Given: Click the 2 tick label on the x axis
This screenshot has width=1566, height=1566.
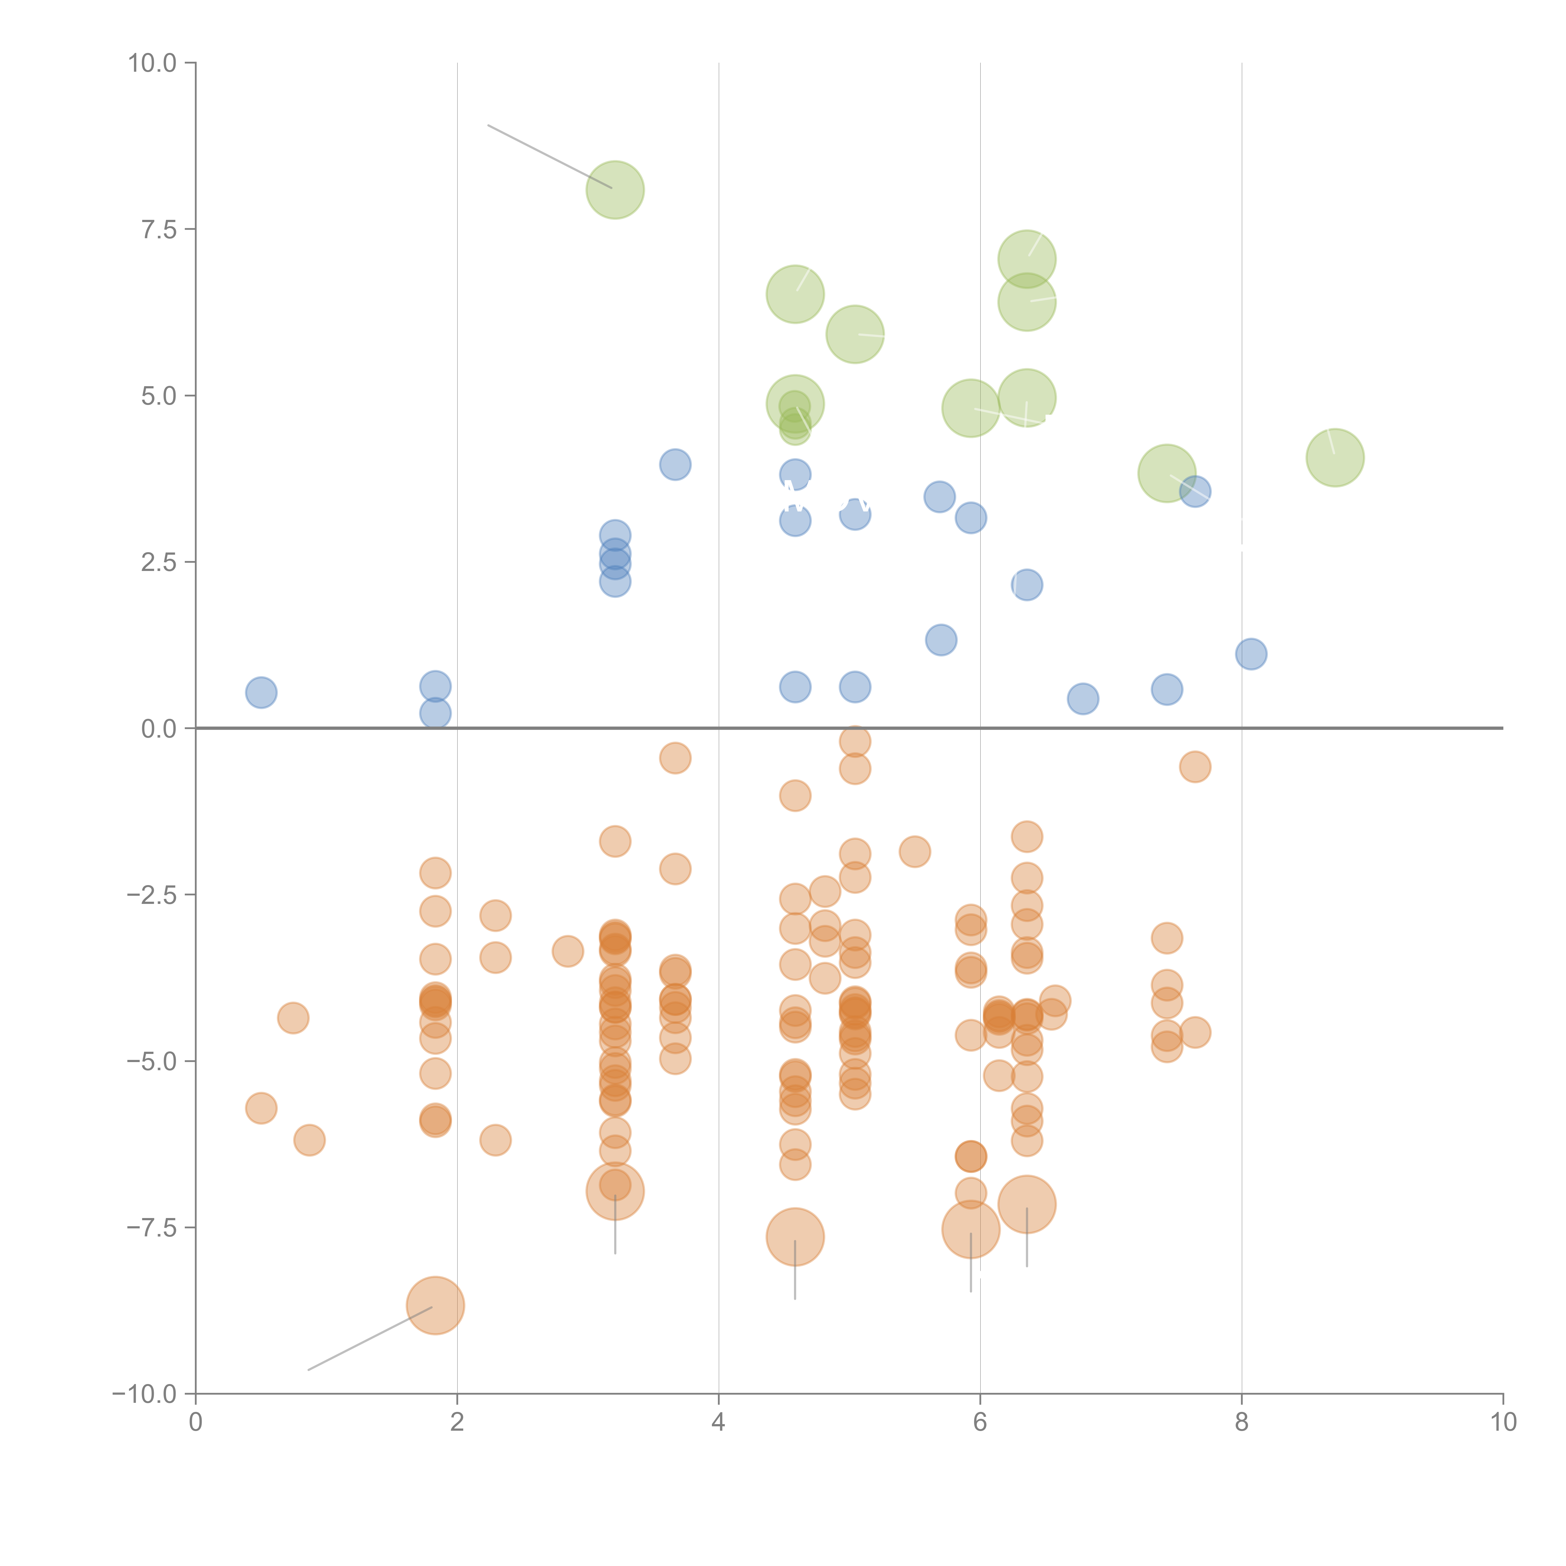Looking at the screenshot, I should coord(457,1423).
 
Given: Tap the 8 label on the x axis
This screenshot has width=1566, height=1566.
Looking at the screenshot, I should coord(1242,1423).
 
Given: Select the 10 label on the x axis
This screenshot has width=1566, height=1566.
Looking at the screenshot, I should coord(1503,1423).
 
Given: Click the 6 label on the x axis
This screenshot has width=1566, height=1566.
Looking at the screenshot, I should coord(980,1423).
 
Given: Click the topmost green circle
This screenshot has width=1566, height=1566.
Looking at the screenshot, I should coord(615,190).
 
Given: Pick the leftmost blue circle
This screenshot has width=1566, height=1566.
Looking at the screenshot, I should coord(261,692).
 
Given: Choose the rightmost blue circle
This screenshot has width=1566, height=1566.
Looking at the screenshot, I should coord(1251,654).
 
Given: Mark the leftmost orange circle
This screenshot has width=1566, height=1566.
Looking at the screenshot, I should coord(261,1108).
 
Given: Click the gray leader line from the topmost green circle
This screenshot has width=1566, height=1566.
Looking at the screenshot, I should coord(550,156).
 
